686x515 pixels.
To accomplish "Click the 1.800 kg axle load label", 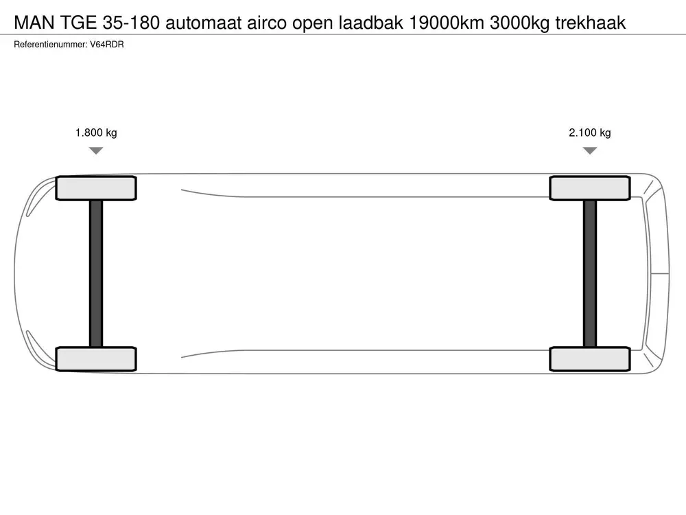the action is tap(96, 133).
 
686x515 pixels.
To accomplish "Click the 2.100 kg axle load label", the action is tap(590, 133).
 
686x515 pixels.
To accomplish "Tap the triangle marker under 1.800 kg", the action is tap(96, 150).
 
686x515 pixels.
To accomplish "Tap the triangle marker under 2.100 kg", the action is tap(590, 150).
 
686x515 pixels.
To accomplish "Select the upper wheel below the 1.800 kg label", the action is tap(96, 188).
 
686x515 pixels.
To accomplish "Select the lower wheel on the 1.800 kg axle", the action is tap(96, 359).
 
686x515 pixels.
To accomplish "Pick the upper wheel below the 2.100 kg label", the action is tap(590, 188).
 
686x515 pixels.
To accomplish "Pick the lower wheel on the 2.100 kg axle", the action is tap(590, 359).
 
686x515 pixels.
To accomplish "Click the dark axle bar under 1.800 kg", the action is tap(96, 274).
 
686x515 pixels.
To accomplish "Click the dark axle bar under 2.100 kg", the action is tap(590, 274).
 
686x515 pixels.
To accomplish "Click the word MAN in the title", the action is tap(34, 23).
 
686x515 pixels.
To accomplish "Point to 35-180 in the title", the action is tap(131, 23).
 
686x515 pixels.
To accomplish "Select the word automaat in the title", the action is tap(204, 23).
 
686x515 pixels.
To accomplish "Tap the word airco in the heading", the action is tap(267, 23).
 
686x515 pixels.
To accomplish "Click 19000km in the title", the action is tap(447, 23).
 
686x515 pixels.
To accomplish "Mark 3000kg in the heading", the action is tap(520, 23).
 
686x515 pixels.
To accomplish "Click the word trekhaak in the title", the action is tap(591, 23).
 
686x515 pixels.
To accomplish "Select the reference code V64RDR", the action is tap(107, 45).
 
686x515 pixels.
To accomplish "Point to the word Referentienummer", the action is tap(50, 45).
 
